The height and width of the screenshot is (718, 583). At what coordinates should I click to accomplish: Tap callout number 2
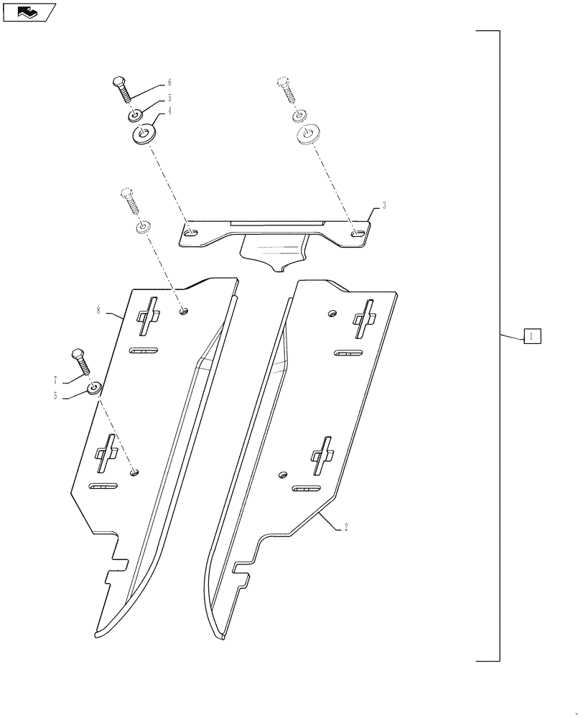346,526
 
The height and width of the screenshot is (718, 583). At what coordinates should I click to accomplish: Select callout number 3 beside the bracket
385,205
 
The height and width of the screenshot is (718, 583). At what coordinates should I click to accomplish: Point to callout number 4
170,111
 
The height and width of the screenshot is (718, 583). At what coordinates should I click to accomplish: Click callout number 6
169,83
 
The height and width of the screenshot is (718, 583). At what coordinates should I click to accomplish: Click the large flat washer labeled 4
144,134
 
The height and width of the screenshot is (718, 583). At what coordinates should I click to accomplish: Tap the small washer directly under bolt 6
134,116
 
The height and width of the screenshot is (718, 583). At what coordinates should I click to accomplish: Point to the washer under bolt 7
94,389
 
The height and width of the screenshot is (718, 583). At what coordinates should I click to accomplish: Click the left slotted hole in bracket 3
190,233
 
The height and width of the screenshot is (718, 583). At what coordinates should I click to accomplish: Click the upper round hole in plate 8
184,310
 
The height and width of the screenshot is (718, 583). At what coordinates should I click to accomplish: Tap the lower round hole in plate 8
134,472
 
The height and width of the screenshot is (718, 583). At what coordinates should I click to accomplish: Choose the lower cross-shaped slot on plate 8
108,453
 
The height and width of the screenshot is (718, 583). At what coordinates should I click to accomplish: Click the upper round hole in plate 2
331,313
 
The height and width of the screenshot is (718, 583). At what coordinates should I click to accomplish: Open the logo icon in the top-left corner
29,11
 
